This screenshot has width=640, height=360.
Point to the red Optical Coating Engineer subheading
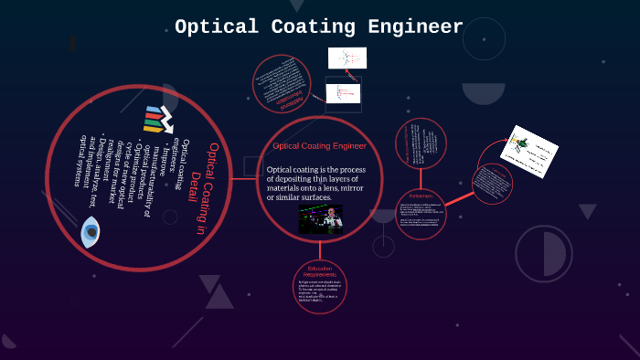tap(319, 145)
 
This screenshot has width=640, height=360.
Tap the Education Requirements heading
tap(320, 272)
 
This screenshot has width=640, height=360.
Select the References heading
tap(421, 196)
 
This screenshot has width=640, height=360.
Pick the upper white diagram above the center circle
tap(347, 58)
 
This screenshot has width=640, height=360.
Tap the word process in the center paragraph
tap(352, 170)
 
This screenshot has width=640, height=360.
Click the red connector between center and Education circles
tap(320, 249)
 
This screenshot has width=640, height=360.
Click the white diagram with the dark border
tap(344, 92)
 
